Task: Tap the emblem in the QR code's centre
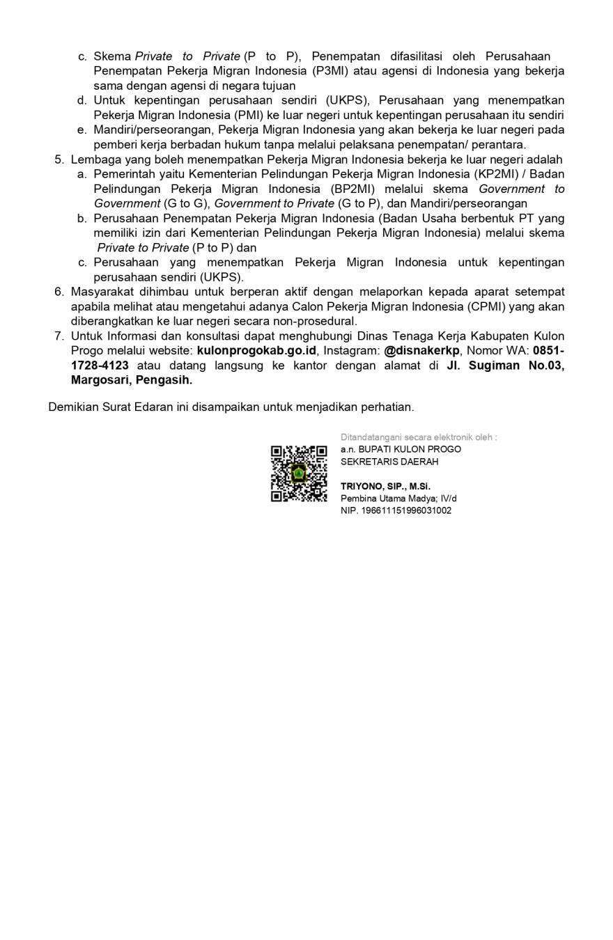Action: (299, 473)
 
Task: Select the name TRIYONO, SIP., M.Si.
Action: (385, 486)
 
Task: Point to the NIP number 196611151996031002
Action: (396, 510)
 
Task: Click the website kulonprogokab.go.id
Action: (256, 350)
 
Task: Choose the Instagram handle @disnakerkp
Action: (421, 350)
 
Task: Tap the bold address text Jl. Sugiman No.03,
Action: (505, 366)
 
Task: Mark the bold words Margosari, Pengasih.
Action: (131, 380)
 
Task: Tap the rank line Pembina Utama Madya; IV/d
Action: (398, 499)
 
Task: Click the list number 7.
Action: (59, 336)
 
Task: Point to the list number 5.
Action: (59, 159)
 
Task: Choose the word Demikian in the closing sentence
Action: (72, 407)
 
